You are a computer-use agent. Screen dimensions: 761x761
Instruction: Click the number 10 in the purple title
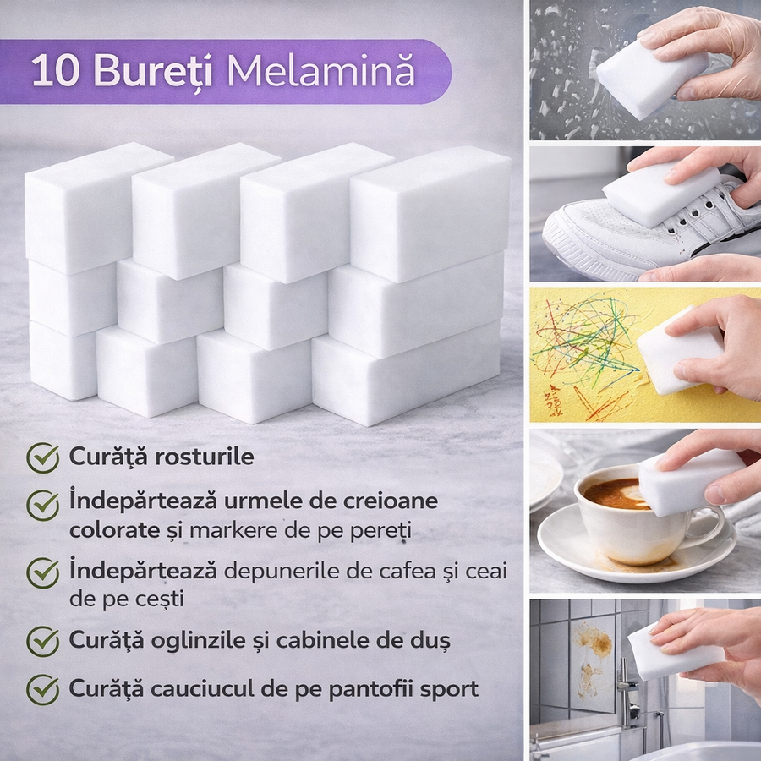[55, 71]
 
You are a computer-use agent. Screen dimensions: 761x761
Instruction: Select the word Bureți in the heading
[153, 71]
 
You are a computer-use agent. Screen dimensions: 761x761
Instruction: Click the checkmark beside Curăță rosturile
[43, 457]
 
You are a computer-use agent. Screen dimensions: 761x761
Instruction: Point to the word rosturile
[202, 457]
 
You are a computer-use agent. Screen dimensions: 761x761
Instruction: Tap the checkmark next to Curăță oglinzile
[43, 641]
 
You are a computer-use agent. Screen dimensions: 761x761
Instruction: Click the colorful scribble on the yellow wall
[583, 340]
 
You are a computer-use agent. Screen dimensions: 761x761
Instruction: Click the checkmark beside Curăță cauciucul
[43, 690]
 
